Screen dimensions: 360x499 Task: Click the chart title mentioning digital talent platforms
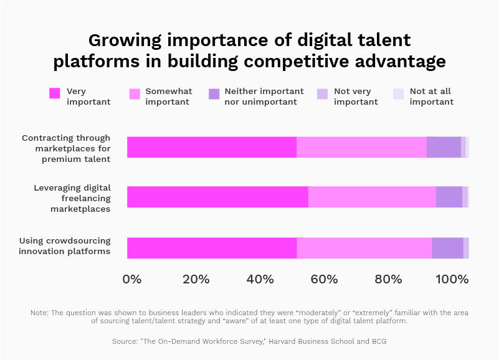[x=249, y=51]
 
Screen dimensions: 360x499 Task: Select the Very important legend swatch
[x=55, y=93]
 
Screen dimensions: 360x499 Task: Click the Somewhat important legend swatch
[x=135, y=93]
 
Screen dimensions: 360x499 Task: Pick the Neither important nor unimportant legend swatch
[x=214, y=93]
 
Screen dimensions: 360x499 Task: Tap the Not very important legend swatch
[x=322, y=93]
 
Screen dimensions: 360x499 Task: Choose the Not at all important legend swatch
[x=399, y=93]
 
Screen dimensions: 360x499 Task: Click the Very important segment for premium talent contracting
[x=212, y=147]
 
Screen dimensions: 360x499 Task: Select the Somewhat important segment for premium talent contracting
[x=361, y=147]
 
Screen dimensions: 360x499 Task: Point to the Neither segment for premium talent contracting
[x=444, y=147]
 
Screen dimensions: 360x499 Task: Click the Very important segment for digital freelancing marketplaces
[x=217, y=197]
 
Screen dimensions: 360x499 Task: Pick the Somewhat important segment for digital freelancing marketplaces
[x=372, y=197]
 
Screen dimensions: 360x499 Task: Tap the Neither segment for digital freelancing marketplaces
[x=449, y=197]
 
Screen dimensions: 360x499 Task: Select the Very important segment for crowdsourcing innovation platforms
[x=212, y=248]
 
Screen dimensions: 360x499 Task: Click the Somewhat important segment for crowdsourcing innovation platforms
[x=364, y=248]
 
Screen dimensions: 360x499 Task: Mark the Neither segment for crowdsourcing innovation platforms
[x=447, y=248]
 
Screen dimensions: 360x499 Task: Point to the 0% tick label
[x=132, y=279]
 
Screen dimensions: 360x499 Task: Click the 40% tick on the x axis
[x=260, y=279]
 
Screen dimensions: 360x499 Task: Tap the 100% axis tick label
[x=452, y=279]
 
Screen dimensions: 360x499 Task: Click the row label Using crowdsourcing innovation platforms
[x=65, y=246]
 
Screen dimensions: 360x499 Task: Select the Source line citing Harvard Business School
[x=249, y=341]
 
